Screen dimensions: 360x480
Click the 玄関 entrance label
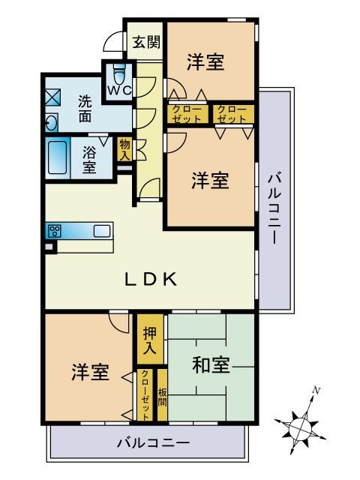click(x=146, y=42)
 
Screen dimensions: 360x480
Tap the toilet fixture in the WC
click(x=119, y=73)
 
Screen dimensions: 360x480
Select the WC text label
click(x=119, y=90)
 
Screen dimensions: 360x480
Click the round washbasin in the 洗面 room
click(x=51, y=123)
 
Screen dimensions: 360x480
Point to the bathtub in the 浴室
click(x=57, y=157)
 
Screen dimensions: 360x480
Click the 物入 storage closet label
click(x=125, y=150)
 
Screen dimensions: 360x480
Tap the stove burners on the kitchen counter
click(x=55, y=231)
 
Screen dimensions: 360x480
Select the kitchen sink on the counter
click(x=102, y=231)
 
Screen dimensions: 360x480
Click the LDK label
click(x=151, y=279)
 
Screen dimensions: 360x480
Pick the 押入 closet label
click(x=150, y=340)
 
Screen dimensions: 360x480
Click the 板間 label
click(x=162, y=397)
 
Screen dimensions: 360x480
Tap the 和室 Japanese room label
click(x=211, y=365)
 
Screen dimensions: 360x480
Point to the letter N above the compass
click(x=316, y=391)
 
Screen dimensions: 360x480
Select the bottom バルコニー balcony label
click(x=153, y=442)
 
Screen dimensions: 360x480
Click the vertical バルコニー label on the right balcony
click(x=274, y=209)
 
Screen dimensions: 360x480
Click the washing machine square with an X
click(x=53, y=97)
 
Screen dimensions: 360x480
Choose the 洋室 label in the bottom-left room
click(x=90, y=372)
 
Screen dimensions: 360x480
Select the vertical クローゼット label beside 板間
click(x=146, y=394)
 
